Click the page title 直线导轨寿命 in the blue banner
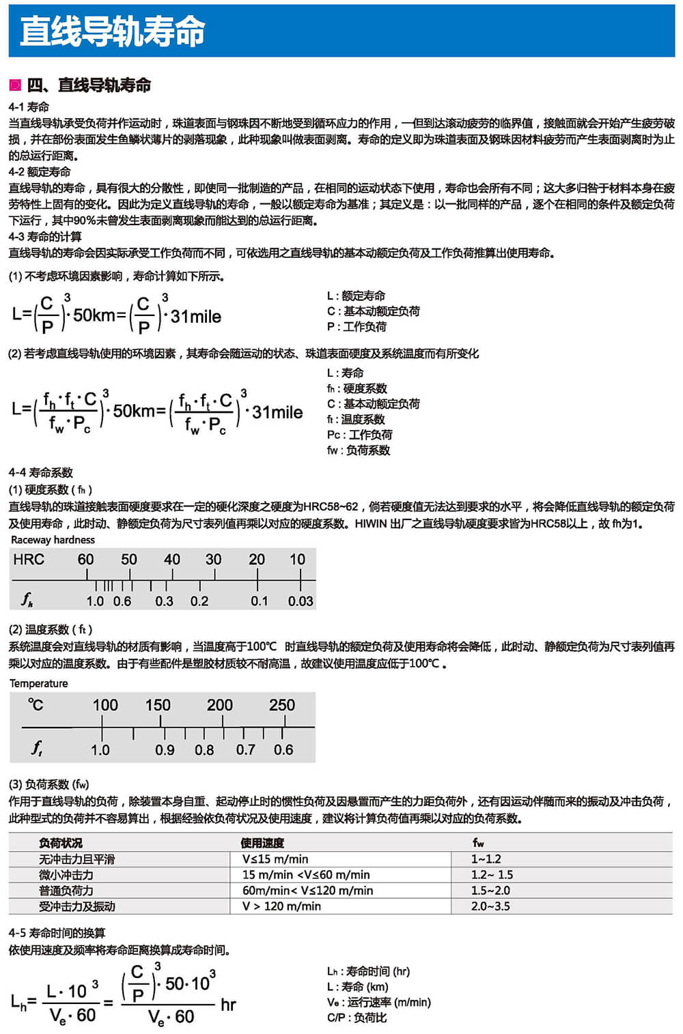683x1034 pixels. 113,31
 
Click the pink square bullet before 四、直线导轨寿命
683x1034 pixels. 15,85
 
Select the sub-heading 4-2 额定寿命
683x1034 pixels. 40,171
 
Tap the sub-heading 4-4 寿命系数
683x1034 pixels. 41,472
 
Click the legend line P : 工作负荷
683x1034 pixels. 357,326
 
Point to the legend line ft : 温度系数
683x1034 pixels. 356,419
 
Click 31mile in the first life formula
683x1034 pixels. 196,317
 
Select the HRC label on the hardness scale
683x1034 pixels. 29,560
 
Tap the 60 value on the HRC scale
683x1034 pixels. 85,560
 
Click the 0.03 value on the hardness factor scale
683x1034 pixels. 301,601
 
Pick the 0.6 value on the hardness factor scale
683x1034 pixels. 122,601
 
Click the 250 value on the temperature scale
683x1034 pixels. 282,705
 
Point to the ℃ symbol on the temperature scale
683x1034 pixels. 36,705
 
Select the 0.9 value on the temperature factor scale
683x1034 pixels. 165,750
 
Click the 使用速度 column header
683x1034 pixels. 262,843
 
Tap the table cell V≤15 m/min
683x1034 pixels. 275,859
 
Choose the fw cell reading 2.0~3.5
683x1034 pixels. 490,906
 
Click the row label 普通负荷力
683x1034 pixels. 66,891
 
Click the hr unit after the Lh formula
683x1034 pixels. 228,1005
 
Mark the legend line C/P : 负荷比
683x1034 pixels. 357,1018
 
